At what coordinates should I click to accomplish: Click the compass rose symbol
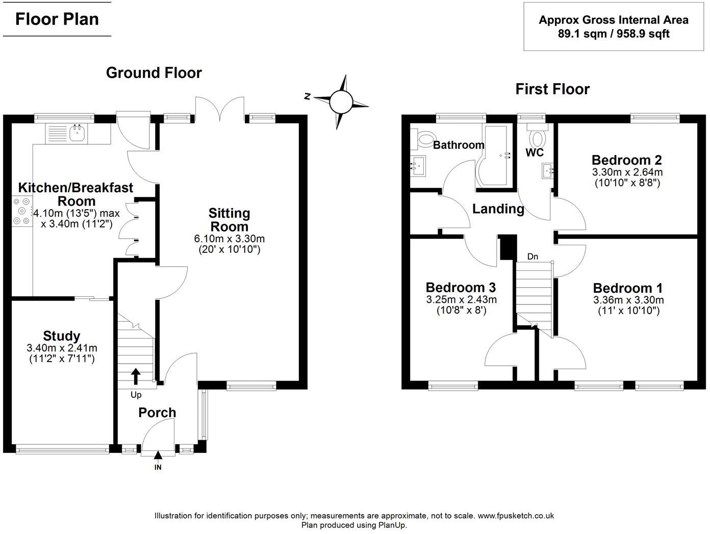341,101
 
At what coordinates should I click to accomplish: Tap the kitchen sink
78,134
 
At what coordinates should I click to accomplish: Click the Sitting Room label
230,220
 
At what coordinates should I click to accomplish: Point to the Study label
62,336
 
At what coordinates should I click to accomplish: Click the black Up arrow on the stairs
136,376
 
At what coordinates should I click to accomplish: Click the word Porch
157,413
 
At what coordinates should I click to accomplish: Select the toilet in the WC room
537,137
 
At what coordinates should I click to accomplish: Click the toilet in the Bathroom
424,138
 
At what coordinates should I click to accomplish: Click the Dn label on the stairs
532,257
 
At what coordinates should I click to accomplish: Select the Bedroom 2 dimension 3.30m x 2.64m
627,172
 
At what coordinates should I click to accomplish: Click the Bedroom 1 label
628,288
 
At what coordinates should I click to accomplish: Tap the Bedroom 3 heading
461,288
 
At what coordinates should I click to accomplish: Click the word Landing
498,209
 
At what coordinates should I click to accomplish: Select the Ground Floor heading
154,73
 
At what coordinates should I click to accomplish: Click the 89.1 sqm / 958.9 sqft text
613,34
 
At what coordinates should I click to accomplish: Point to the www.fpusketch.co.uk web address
516,516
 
